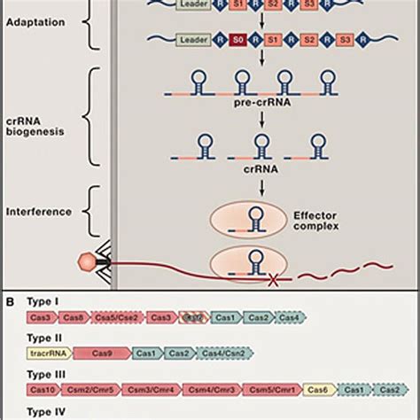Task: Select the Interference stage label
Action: [x=38, y=212]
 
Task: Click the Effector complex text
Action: [x=315, y=220]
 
